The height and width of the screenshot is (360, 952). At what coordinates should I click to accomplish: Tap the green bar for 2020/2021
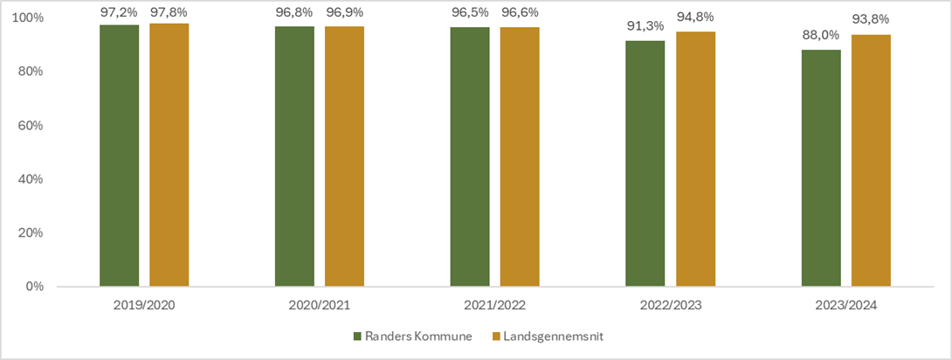[294, 156]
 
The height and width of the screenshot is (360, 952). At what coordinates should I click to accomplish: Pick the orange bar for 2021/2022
[520, 157]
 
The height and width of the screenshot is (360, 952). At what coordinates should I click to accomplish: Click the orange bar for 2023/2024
[871, 161]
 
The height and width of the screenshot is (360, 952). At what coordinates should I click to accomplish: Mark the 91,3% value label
[645, 27]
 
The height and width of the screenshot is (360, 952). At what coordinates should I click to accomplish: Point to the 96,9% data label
[344, 12]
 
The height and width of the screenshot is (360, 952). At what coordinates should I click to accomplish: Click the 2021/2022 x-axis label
[494, 307]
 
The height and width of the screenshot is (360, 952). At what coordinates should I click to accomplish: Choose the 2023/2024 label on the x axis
[845, 307]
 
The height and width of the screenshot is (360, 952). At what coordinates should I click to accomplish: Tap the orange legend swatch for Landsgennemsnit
[494, 336]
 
